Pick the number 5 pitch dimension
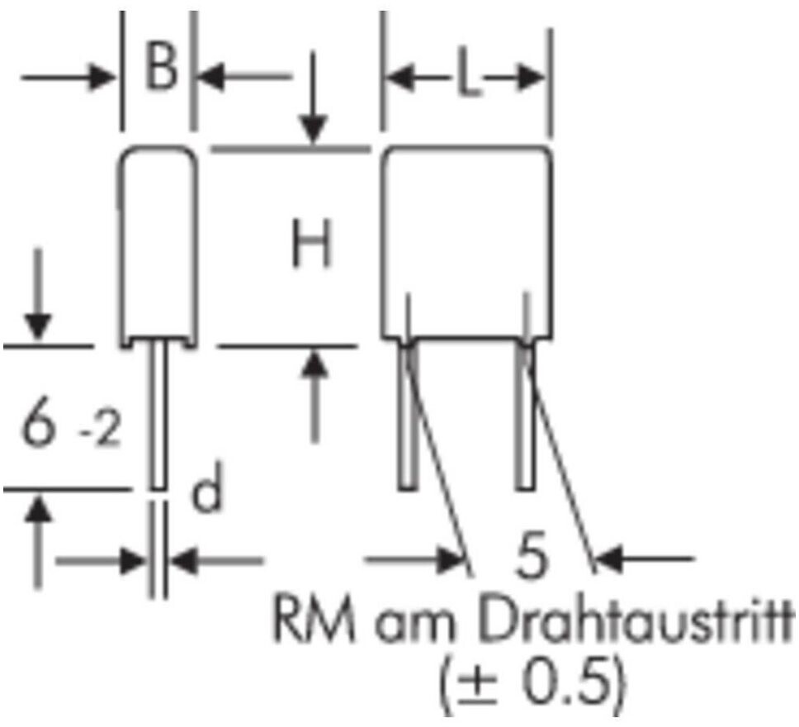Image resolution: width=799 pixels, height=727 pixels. (529, 558)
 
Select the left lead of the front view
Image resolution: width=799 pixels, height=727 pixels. (408, 417)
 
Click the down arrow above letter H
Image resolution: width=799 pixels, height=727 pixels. (314, 99)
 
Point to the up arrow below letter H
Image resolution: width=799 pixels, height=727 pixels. (314, 397)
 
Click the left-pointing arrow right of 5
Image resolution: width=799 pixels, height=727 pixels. (644, 559)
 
